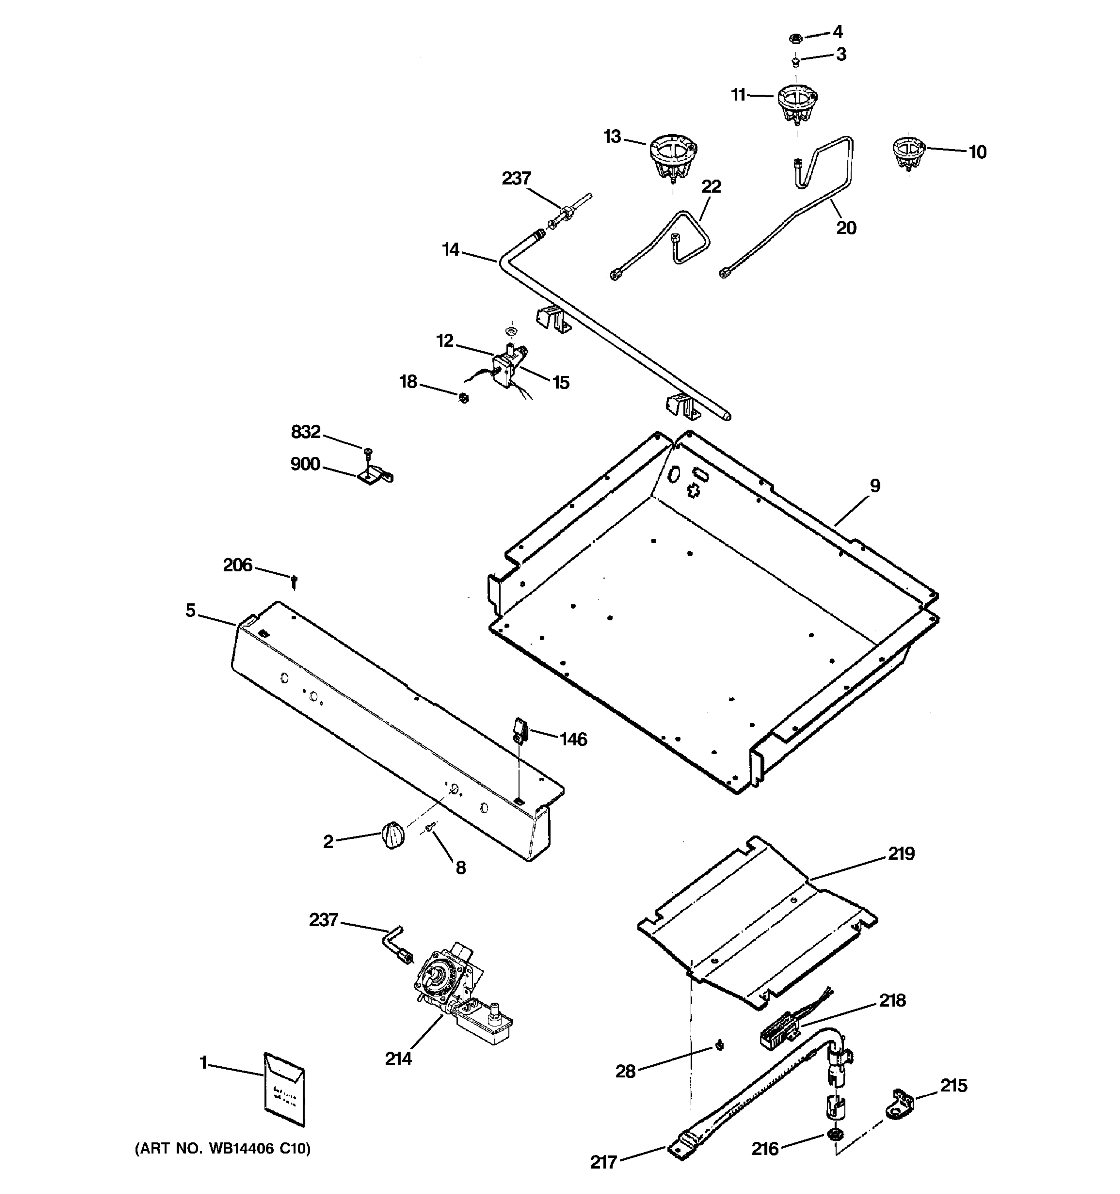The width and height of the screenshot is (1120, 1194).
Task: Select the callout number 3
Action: coord(841,55)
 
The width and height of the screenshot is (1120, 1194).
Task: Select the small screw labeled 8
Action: coord(429,828)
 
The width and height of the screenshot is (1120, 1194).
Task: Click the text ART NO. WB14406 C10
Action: coord(223,1149)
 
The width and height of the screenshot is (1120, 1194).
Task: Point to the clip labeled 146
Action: coord(520,730)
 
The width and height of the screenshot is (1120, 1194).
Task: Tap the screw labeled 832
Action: coord(367,450)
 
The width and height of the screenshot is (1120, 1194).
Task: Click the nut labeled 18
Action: coord(463,398)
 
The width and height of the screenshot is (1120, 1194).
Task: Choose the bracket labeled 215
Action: coord(899,1102)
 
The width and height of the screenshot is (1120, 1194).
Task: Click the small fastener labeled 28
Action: coord(719,1047)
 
